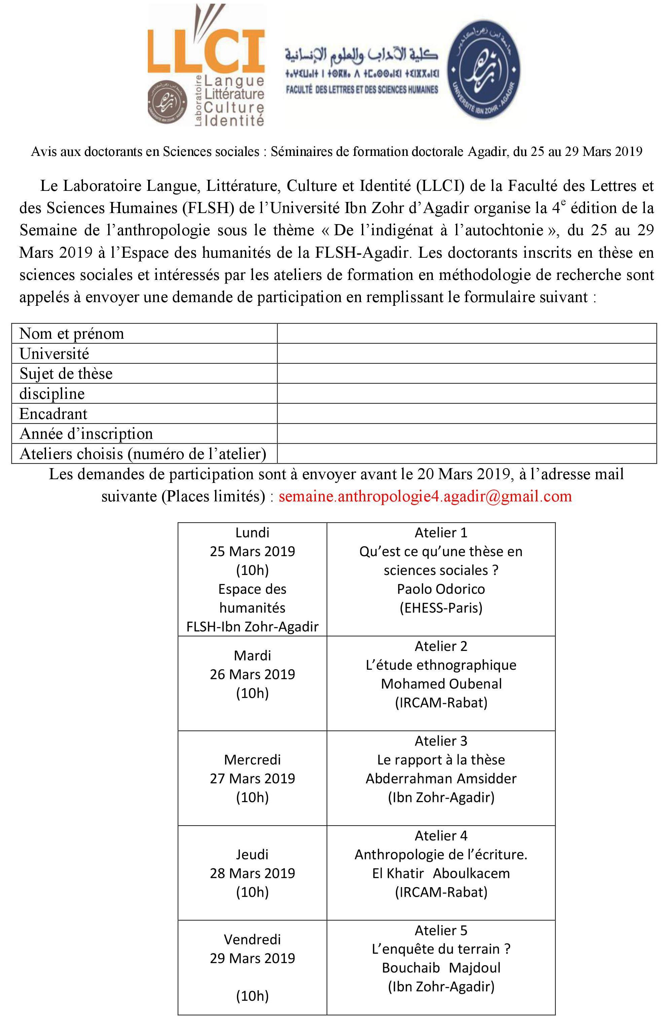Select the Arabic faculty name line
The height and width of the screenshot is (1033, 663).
coord(361,54)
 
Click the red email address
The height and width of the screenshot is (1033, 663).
coord(425,496)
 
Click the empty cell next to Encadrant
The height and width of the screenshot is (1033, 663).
coord(466,414)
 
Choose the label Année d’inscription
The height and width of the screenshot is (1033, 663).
coord(86,433)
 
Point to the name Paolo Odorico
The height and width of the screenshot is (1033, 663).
coord(441,589)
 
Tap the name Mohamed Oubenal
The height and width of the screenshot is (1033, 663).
coord(441,684)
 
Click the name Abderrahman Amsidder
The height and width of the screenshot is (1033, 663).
coord(441,778)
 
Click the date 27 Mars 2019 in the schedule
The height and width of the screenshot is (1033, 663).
coord(252,778)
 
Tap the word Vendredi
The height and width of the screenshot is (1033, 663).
coord(252,939)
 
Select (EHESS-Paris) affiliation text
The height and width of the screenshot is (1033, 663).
coord(441,608)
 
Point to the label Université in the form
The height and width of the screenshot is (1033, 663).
coord(54,354)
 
